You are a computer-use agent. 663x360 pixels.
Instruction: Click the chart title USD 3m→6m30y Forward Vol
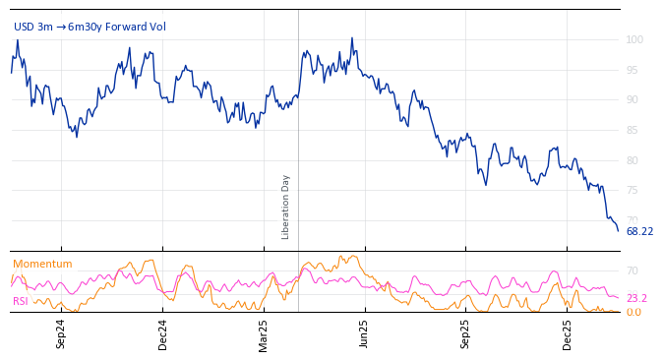click(90, 27)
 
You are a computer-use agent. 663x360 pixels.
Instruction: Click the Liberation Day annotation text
click(286, 207)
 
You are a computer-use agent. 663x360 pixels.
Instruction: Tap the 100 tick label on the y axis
click(634, 39)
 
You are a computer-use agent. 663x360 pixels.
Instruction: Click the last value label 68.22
click(639, 232)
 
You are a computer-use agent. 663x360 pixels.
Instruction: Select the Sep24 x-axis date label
click(61, 333)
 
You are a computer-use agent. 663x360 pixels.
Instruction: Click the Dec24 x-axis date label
click(163, 333)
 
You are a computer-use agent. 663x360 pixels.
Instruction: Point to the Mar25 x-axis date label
click(264, 333)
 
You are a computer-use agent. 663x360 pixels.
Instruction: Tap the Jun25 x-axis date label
click(365, 333)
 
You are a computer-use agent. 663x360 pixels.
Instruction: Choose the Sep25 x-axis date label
click(466, 333)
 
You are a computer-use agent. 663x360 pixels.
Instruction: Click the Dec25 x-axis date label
click(568, 333)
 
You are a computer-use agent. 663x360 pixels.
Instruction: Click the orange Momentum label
click(42, 264)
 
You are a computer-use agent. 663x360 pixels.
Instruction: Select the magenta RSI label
click(20, 301)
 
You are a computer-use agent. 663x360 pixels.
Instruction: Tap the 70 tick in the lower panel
click(633, 270)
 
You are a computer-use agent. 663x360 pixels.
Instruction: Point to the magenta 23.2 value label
click(636, 298)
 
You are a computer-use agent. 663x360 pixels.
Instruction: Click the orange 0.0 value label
click(633, 312)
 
